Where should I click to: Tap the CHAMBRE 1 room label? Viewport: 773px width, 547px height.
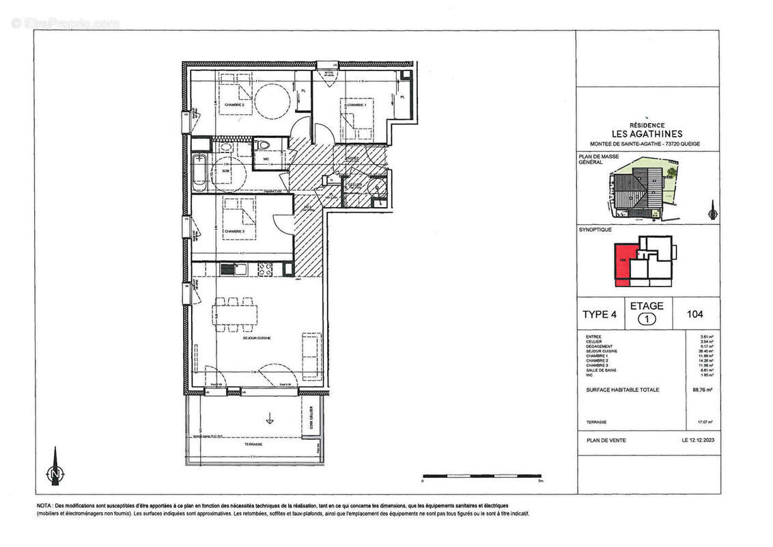(x=354, y=105)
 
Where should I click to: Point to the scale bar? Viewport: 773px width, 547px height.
(x=482, y=475)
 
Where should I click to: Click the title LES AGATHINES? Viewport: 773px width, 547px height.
(x=638, y=133)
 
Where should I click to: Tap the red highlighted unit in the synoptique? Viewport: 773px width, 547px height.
(x=623, y=262)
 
